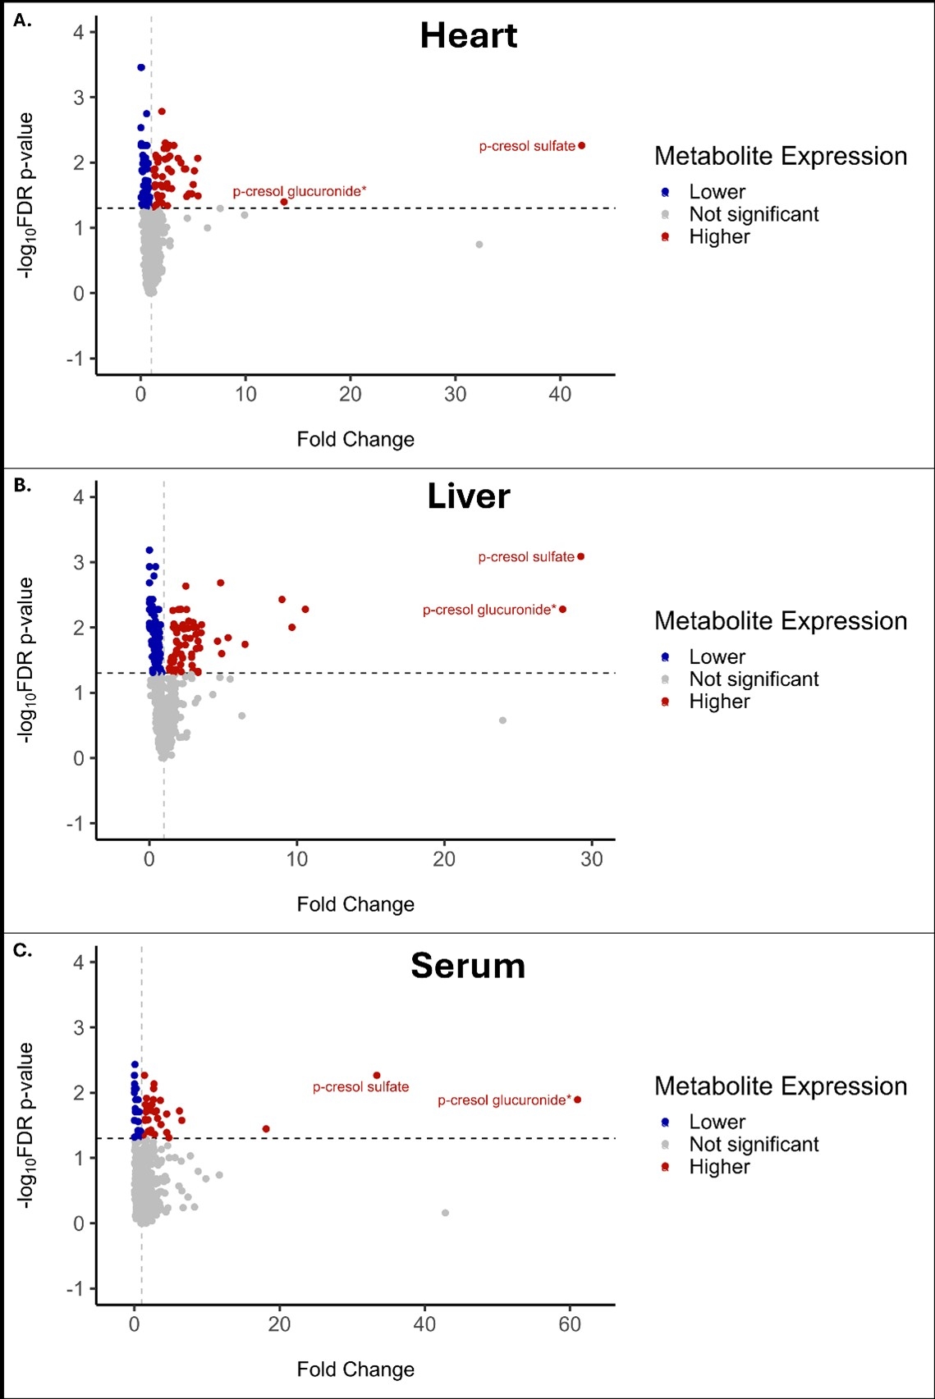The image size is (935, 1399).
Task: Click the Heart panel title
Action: point(469,36)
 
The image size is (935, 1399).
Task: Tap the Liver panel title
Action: point(469,497)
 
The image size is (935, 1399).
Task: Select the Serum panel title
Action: point(468,966)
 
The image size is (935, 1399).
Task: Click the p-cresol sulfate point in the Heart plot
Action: point(582,146)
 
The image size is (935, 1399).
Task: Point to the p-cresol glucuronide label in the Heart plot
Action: point(299,191)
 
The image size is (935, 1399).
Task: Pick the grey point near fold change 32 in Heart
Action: point(479,245)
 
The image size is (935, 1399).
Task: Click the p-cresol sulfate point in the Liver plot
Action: point(581,556)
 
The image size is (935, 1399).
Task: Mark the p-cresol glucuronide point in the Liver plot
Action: point(563,610)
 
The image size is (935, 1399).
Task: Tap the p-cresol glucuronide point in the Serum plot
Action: point(578,1100)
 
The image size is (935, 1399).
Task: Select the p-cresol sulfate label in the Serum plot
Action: point(360,1087)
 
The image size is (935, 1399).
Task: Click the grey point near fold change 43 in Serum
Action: point(446,1213)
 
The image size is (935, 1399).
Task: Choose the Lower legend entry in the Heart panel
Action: point(717,192)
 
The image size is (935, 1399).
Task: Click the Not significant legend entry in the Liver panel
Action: point(754,679)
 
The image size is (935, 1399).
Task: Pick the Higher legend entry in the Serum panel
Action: point(719,1167)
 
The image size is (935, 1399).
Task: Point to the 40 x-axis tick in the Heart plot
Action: point(560,395)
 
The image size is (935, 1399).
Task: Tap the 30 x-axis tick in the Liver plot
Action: point(592,859)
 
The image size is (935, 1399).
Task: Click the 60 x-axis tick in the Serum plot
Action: point(570,1324)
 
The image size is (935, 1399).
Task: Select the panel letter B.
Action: point(22,485)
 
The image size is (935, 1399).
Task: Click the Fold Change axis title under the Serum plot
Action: point(355,1369)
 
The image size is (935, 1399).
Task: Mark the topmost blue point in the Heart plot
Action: point(141,67)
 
